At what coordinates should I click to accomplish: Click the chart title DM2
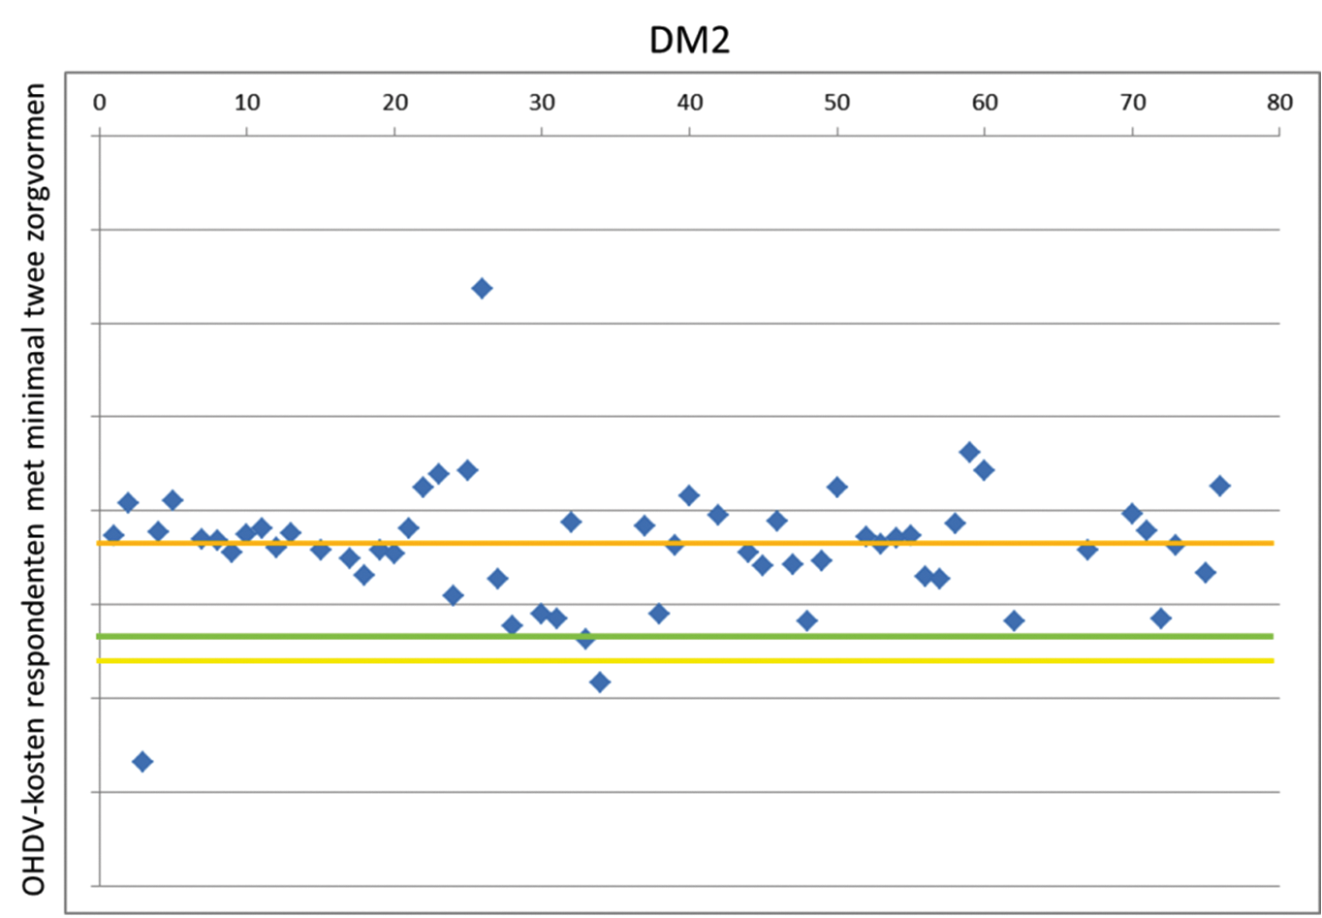click(689, 40)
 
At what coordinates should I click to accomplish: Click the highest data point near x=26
click(482, 288)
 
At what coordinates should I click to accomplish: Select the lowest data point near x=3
click(142, 761)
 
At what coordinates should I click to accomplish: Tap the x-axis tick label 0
click(99, 103)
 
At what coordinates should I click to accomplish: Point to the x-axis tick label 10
click(247, 103)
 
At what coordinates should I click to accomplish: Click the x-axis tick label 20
click(394, 103)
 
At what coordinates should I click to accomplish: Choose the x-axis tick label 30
click(542, 103)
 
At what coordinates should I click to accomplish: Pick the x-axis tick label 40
click(689, 103)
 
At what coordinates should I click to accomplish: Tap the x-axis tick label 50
click(836, 103)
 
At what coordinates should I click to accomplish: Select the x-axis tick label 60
click(985, 103)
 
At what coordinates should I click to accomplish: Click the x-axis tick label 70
click(1132, 103)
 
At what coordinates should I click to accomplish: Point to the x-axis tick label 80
click(1279, 103)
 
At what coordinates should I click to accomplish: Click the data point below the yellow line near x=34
click(600, 682)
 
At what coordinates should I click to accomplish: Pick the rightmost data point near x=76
click(1220, 486)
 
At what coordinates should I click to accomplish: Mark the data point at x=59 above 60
click(969, 452)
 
